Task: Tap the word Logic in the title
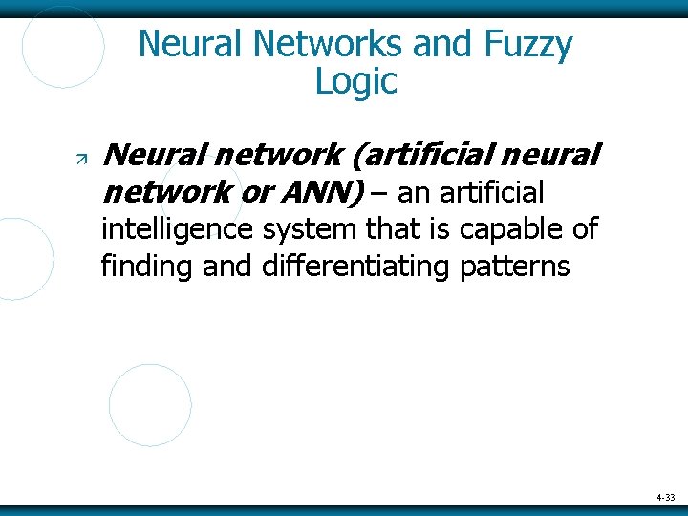(x=355, y=82)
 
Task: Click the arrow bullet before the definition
(x=81, y=156)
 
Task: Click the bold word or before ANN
(x=255, y=194)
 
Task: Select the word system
(x=292, y=229)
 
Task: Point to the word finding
(x=147, y=265)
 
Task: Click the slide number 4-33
(x=665, y=498)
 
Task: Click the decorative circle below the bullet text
(x=150, y=404)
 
